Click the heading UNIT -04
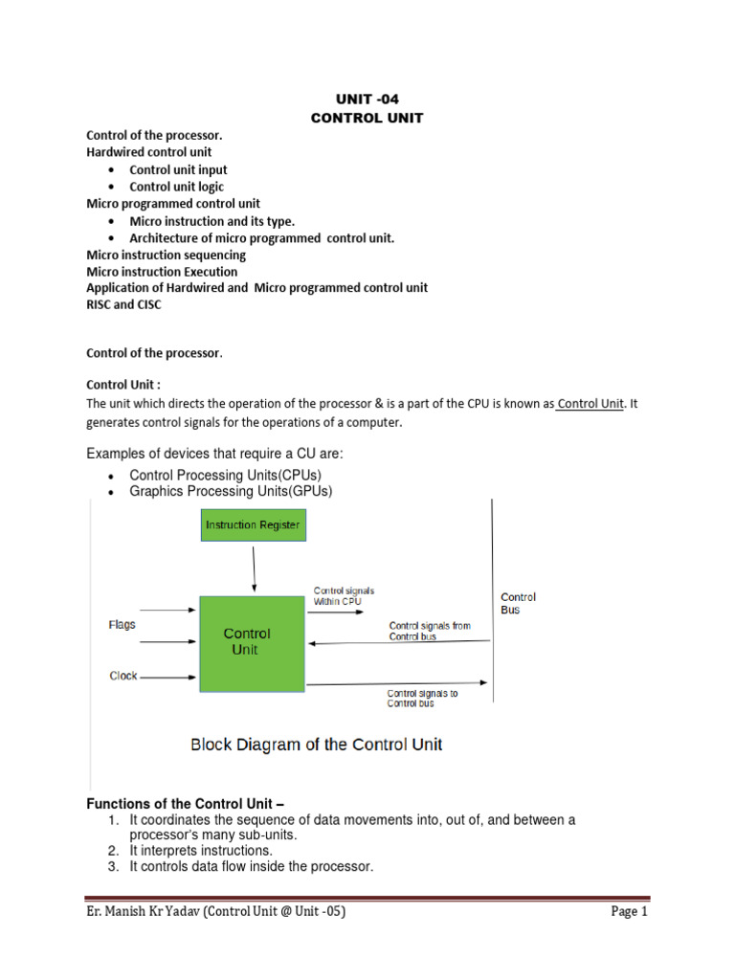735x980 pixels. click(367, 99)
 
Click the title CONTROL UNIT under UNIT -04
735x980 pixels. click(367, 118)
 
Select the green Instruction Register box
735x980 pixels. click(254, 524)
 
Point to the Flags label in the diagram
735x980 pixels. click(122, 625)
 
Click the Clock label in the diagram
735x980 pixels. click(123, 676)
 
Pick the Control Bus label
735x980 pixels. click(518, 603)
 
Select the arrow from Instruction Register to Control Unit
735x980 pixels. click(254, 570)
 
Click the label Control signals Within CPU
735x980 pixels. click(344, 596)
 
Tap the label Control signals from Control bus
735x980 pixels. click(430, 631)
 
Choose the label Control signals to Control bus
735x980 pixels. click(422, 698)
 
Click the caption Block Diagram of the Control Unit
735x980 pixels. click(317, 744)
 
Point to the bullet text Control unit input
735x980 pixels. click(178, 169)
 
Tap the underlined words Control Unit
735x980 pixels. click(590, 404)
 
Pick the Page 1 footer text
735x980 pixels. click(630, 912)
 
